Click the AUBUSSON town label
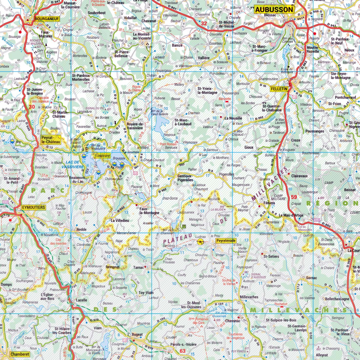(x=274, y=9)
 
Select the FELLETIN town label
(x=279, y=89)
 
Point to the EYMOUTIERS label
(x=33, y=207)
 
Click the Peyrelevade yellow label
(x=225, y=241)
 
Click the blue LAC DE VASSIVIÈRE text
(x=73, y=165)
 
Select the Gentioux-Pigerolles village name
(x=185, y=178)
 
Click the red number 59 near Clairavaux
(x=294, y=197)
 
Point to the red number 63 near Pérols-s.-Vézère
(x=182, y=351)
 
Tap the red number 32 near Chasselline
(x=204, y=24)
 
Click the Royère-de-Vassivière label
(x=135, y=126)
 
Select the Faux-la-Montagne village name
(x=149, y=211)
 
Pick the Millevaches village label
(x=249, y=297)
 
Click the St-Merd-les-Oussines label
(x=194, y=305)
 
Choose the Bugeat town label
(x=137, y=334)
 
